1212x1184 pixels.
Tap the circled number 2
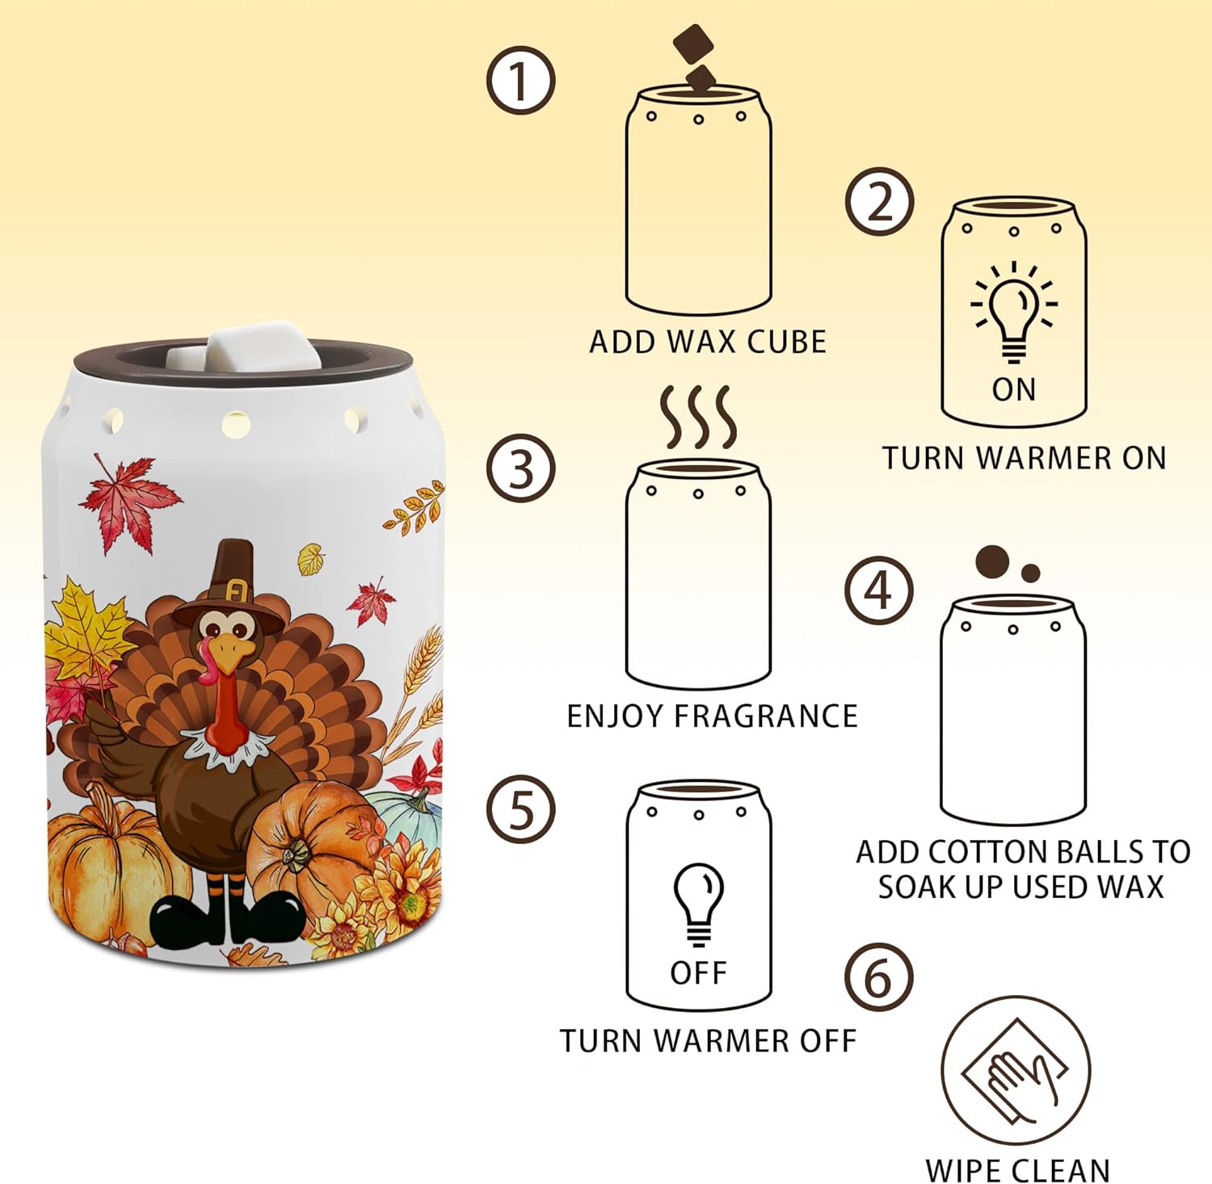880,202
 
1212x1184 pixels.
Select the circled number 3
520,468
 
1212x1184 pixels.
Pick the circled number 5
520,809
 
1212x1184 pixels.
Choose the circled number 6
879,977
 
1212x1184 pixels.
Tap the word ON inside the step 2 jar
1014,390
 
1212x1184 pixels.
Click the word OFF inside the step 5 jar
698,973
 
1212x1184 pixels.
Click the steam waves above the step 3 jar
699,417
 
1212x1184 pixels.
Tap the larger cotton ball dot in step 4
992,561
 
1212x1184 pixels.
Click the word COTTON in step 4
980,852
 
